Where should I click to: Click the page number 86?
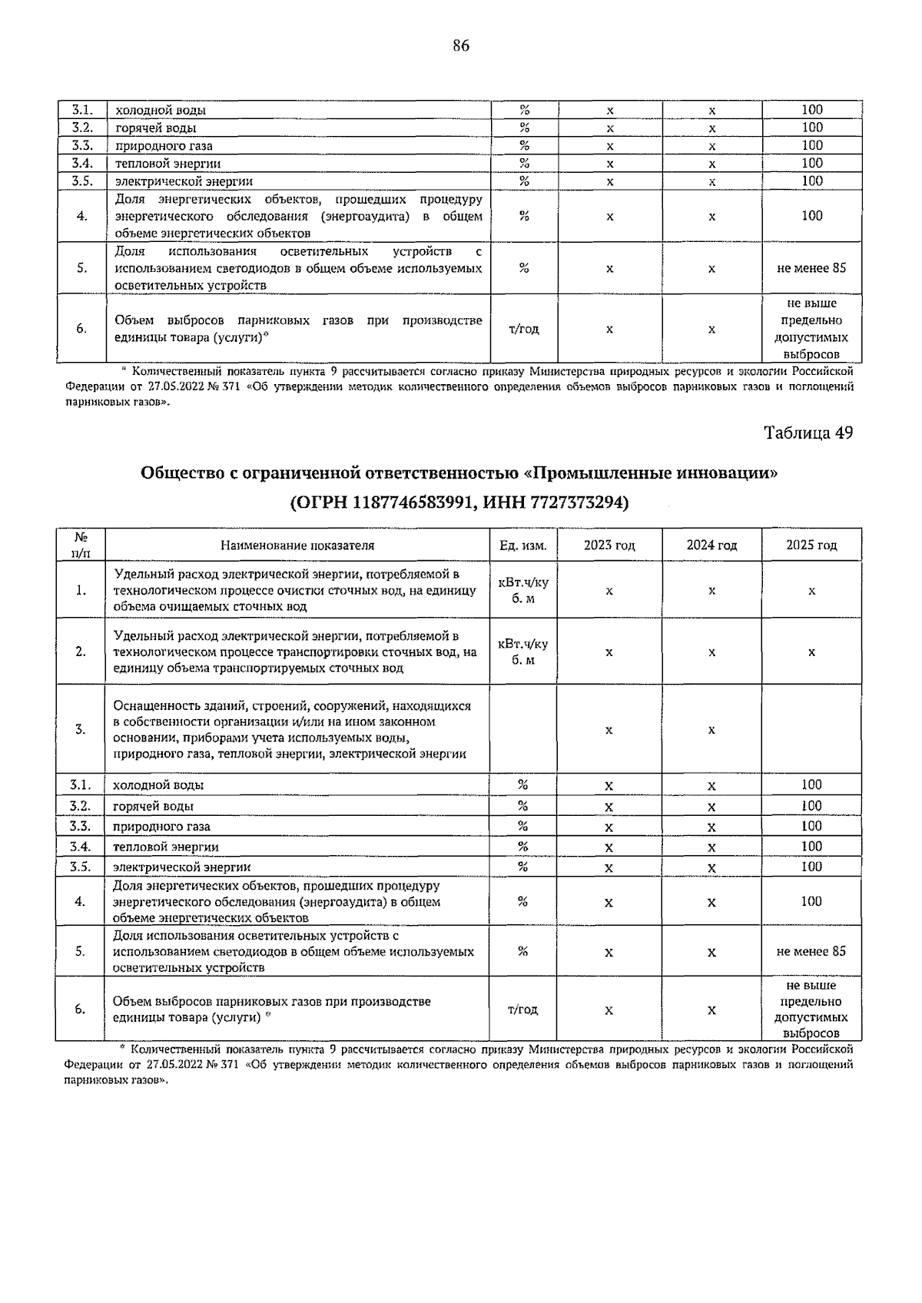(x=460, y=46)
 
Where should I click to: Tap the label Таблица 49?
(x=808, y=433)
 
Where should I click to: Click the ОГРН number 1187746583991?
(x=416, y=502)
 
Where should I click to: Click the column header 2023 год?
(x=609, y=545)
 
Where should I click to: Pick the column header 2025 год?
(x=811, y=545)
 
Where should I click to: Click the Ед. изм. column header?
(x=522, y=545)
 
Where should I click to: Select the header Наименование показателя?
(x=297, y=545)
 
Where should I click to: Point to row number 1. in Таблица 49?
(x=81, y=590)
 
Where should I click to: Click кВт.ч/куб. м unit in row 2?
(x=522, y=651)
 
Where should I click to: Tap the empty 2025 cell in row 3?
(x=811, y=729)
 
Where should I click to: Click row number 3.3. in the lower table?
(x=81, y=826)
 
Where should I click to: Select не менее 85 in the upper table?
(x=811, y=268)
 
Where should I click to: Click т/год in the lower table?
(x=522, y=1010)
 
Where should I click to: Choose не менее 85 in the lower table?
(x=811, y=951)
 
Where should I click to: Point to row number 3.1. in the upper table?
(x=82, y=110)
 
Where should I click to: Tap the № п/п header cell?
(x=80, y=545)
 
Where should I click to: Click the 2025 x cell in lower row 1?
(x=811, y=590)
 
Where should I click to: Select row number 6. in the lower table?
(x=81, y=1010)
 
